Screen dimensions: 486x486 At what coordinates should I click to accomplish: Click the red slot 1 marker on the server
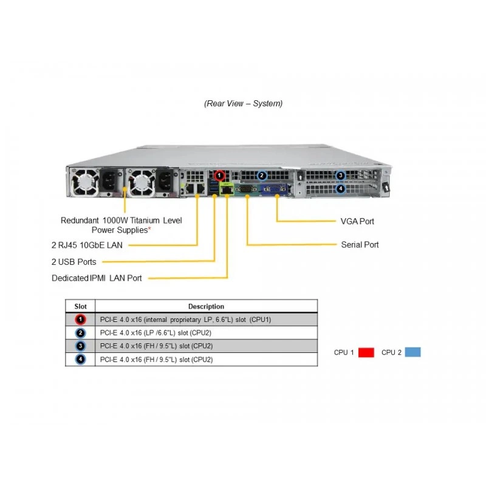219,176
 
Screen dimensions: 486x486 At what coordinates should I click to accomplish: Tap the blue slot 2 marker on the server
262,176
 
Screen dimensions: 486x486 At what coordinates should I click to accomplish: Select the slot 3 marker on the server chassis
341,176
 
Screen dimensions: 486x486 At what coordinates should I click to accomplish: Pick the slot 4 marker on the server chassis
341,188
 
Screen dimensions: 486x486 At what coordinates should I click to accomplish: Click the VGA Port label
357,221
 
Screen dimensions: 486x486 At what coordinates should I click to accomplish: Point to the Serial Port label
360,245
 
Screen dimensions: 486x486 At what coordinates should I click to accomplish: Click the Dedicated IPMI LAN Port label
97,278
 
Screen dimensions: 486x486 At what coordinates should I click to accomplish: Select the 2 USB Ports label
74,262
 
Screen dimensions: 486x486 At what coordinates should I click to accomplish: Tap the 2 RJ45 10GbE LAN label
87,245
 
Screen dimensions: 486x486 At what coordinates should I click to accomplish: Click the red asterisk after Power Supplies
149,229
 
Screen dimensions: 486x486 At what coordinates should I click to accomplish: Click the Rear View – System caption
244,103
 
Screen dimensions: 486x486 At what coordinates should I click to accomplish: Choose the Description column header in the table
206,306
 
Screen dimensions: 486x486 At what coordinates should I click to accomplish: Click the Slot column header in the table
80,306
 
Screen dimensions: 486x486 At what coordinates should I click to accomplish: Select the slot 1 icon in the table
81,320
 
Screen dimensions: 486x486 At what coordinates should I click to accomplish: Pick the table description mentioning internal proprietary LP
185,320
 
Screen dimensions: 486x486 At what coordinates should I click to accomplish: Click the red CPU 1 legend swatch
366,352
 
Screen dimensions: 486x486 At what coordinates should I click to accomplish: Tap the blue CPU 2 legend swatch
413,352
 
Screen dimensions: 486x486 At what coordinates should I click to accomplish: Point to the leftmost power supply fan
84,182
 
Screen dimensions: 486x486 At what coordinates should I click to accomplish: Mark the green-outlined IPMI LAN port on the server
227,189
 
